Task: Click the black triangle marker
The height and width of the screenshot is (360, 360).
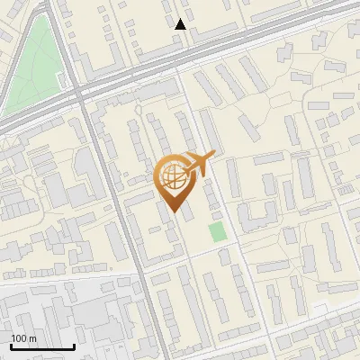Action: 181,24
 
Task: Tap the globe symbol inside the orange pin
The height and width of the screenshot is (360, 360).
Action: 175,177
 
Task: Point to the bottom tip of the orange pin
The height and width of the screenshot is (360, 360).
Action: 174,213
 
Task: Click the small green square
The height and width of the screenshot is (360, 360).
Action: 217,231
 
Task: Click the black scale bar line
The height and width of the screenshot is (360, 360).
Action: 42,347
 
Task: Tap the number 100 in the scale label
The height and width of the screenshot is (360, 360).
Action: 19,338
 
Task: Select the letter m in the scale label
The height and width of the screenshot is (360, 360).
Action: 32,338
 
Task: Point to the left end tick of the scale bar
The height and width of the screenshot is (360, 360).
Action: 11,346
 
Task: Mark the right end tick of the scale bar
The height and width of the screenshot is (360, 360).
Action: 74,346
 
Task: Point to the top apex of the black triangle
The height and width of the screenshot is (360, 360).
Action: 181,18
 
